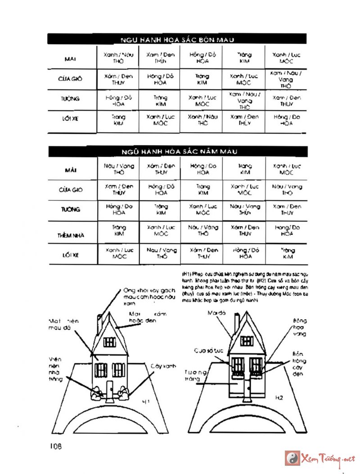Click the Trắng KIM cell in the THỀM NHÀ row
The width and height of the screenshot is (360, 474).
(119, 231)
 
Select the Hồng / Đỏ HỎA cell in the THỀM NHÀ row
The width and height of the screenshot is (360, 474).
(287, 231)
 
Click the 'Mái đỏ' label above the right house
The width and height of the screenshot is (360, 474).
(216, 312)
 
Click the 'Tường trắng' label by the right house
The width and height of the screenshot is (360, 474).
(197, 375)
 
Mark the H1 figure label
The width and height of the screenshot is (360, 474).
(145, 400)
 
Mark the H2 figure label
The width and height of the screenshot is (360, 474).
(279, 398)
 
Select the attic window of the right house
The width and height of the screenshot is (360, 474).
(246, 341)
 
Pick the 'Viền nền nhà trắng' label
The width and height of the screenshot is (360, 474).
(55, 369)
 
